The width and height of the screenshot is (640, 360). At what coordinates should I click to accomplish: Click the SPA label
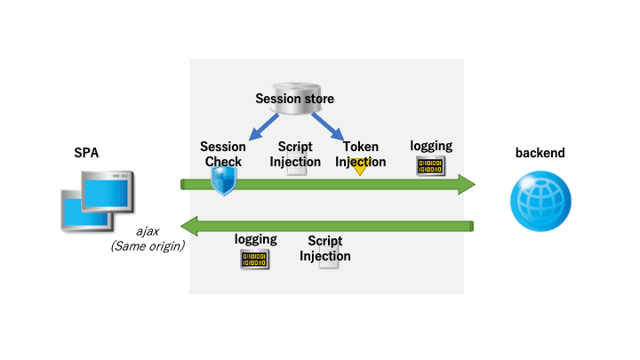click(86, 153)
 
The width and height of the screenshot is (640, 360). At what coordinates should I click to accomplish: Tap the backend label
click(540, 153)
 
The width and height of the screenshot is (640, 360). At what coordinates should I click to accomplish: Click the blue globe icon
click(540, 201)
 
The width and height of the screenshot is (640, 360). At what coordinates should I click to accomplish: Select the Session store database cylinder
click(296, 99)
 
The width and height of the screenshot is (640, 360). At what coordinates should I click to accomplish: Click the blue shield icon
click(224, 180)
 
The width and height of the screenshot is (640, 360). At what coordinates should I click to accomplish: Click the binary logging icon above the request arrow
click(430, 165)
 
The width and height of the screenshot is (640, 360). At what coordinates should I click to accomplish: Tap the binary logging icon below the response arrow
click(255, 260)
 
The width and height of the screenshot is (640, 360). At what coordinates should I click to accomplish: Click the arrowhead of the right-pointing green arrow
click(467, 185)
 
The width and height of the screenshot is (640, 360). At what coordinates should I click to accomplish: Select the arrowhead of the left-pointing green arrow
click(189, 226)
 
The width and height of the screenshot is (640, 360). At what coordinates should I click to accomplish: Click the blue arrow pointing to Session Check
click(264, 127)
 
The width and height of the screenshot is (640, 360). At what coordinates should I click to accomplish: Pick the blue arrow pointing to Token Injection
click(327, 127)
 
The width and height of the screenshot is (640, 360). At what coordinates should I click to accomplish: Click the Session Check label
click(223, 154)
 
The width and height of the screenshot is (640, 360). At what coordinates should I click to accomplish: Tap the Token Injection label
click(360, 154)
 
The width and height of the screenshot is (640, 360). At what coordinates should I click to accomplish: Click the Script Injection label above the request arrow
click(295, 154)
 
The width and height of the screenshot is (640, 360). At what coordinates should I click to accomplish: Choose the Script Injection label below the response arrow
click(325, 248)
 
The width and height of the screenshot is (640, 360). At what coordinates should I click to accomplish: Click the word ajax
click(148, 231)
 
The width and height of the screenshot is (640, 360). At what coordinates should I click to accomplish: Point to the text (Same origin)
click(148, 246)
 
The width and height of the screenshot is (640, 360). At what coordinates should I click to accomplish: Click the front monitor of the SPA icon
click(108, 191)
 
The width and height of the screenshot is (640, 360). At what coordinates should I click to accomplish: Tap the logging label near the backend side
click(431, 146)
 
